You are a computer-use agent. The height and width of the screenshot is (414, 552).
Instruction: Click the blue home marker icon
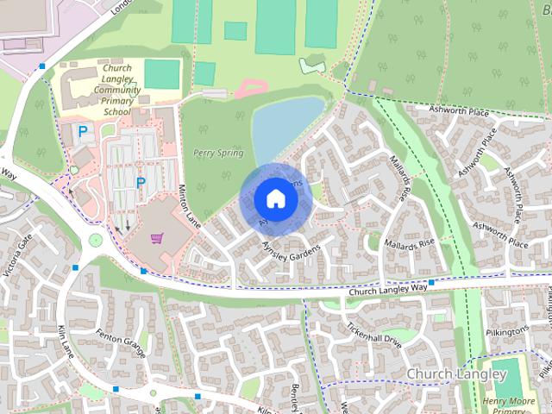[x=275, y=198]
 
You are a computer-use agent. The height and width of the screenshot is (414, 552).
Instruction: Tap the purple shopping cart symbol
[x=157, y=237]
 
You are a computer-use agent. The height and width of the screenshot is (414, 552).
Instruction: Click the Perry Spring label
[x=218, y=154]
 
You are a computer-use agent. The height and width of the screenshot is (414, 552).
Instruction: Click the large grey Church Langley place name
[x=455, y=374]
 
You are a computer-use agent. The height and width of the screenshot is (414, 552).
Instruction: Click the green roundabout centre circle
[x=95, y=241]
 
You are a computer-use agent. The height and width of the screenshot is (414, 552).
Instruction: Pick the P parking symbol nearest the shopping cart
[x=140, y=183]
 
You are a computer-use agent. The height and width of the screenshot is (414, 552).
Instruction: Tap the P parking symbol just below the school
[x=83, y=132]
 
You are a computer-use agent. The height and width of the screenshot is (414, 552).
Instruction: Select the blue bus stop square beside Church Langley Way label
[x=430, y=282]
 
